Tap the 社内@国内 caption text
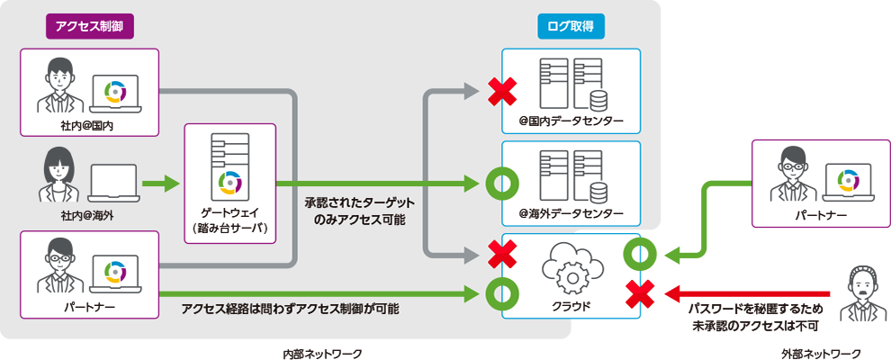[87, 128]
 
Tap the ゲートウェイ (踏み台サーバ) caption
[229, 221]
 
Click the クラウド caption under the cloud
[570, 306]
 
